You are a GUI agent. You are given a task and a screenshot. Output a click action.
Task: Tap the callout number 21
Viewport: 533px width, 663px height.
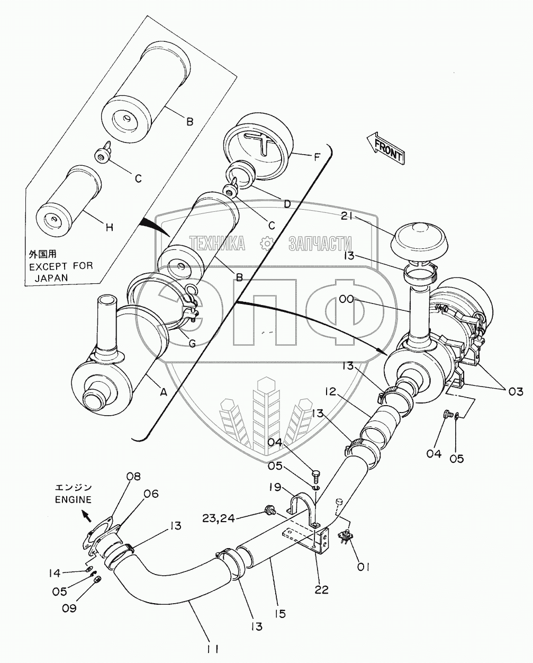tap(349, 217)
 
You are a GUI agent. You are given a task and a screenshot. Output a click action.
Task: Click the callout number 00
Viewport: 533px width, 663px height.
tap(347, 299)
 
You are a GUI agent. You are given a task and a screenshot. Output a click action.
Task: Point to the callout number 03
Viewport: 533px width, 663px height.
tap(514, 391)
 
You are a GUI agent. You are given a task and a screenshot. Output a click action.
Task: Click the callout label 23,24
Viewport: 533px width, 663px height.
tap(218, 518)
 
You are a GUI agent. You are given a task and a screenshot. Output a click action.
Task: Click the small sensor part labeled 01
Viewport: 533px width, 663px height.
tap(345, 538)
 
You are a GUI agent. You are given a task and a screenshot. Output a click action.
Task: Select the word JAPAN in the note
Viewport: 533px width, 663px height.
tap(51, 278)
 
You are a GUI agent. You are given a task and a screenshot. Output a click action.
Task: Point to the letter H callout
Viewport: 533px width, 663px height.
tap(110, 228)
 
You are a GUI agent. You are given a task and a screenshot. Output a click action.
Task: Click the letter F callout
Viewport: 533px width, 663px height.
tap(317, 157)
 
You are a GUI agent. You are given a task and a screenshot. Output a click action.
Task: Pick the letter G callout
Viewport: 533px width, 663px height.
tap(192, 343)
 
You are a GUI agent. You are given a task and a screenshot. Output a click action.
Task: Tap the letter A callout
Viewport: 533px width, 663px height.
tap(164, 392)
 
